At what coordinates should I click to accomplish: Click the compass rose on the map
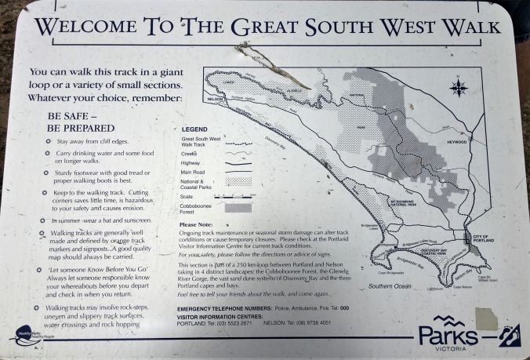tap(459, 87)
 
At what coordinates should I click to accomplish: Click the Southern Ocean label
tap(390, 286)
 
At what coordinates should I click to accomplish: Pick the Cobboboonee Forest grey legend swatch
tap(238, 209)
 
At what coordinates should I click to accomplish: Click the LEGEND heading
tap(194, 129)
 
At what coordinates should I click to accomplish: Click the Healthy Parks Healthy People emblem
tap(24, 334)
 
